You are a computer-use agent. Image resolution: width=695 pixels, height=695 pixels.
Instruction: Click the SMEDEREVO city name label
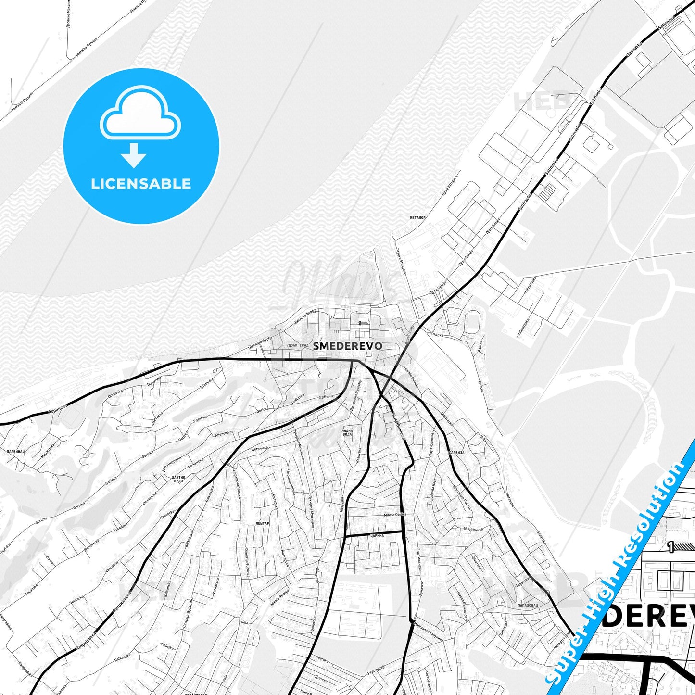click(348, 346)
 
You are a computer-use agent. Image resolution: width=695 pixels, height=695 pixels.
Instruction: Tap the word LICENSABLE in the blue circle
click(141, 184)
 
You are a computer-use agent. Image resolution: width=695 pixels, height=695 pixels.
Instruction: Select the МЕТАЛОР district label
click(417, 218)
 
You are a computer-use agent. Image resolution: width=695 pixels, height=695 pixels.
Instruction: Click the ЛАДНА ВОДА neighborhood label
click(347, 432)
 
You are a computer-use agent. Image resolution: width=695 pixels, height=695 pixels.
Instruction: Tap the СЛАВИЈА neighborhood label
click(455, 453)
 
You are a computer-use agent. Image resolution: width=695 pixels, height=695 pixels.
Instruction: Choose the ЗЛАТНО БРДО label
click(177, 479)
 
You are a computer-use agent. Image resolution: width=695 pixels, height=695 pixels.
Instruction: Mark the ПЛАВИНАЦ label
click(16, 452)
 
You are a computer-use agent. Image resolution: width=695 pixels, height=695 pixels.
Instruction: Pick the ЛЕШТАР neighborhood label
click(263, 523)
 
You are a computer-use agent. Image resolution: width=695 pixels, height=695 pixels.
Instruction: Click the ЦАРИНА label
click(377, 535)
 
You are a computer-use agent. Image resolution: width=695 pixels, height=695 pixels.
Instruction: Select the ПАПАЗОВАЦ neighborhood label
click(528, 605)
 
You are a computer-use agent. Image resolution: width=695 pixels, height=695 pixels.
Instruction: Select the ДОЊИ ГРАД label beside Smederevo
click(298, 346)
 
